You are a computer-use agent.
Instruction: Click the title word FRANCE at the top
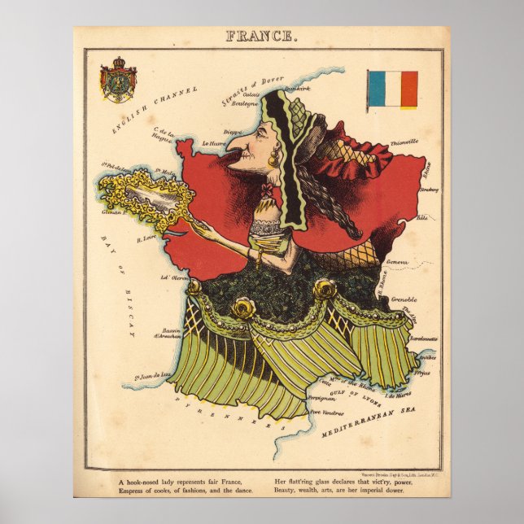coord(261,36)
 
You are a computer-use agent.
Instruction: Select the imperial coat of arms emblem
coord(118,80)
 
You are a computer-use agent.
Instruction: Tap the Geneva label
coord(397,262)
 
